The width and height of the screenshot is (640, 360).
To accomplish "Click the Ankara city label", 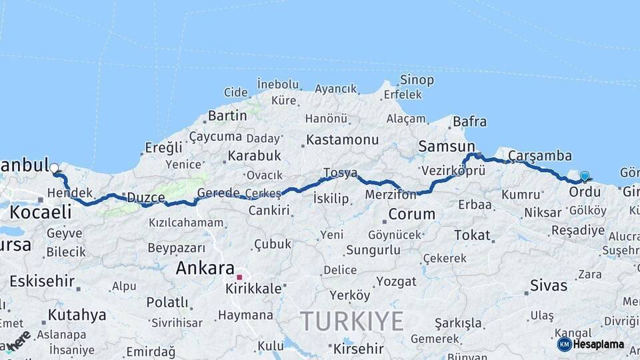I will point(205,268).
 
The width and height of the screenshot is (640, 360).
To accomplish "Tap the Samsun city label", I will point(446,147).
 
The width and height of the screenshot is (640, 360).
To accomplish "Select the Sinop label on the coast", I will point(417,80).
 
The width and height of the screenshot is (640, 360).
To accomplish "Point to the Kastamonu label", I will point(342,141).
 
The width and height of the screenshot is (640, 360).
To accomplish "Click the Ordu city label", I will point(584,192).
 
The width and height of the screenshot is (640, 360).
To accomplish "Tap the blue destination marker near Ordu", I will point(585,177).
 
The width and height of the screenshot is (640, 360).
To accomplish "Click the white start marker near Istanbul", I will point(54,169).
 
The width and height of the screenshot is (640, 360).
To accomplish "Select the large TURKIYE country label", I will point(351,321).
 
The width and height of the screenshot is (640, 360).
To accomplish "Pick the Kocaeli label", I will point(40,212).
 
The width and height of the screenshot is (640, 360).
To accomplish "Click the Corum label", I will point(411,215).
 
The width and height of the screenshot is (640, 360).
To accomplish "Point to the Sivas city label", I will point(549,286).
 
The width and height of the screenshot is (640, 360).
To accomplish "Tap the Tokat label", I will point(472,235).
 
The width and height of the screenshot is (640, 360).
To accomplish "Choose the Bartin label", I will point(227,115).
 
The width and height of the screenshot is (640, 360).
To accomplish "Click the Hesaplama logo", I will point(591,344).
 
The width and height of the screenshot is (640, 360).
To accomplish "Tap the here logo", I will point(19,340).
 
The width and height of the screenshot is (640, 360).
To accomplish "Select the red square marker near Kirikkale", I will point(239,276).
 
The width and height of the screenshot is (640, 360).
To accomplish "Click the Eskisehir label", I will point(42,281).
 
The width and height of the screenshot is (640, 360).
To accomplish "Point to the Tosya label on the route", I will point(340,173).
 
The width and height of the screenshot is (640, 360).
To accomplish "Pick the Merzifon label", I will point(391,195).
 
